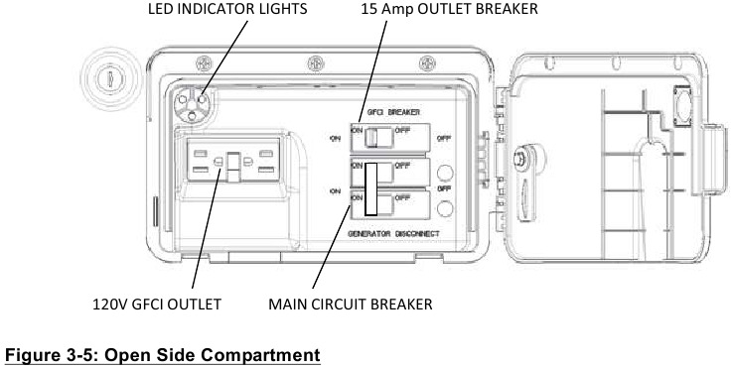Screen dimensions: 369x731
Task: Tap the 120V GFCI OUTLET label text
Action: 157,305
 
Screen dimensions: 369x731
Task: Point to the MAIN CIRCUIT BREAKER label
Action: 351,305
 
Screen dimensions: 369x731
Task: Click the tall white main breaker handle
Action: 371,188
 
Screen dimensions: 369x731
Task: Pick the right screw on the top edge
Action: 427,63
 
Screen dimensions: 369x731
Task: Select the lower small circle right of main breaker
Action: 445,208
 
